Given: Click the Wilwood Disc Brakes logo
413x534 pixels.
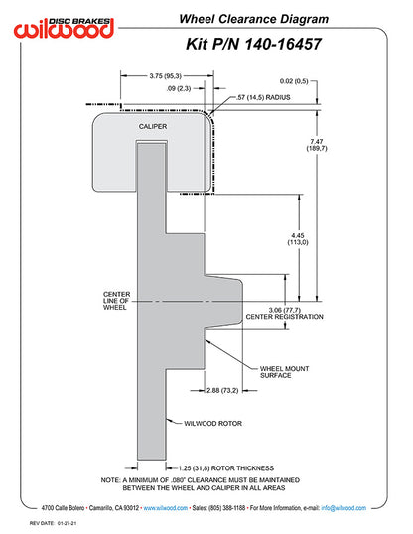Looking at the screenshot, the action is coord(64,27).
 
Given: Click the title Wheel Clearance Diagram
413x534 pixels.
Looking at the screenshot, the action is coord(254,19).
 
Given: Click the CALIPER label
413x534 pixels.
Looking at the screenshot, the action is coord(153,126).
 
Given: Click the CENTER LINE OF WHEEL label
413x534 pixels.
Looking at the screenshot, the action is coord(116,301).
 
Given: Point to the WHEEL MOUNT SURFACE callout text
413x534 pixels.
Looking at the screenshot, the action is coord(285,372).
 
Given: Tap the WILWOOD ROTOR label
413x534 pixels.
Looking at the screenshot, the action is coord(213,423).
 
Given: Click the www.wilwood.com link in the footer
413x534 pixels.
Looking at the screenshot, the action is coord(165,508).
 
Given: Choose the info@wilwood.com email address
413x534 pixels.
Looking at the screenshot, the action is coord(344,508).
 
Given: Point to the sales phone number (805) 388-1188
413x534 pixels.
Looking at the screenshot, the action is coord(226,508).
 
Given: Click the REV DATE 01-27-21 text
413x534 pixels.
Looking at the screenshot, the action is coord(53,523).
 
